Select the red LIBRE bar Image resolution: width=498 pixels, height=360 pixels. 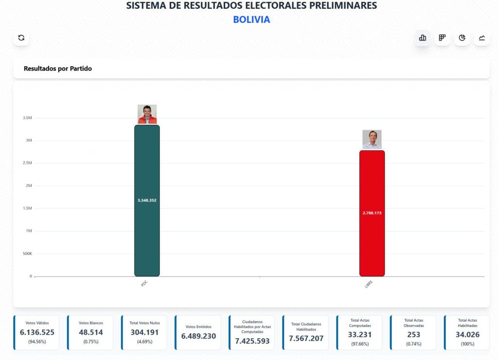372,243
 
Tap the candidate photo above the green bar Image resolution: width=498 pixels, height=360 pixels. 147,114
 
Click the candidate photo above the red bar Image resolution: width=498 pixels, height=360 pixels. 372,140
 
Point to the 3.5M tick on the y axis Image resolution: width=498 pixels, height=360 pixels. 27,118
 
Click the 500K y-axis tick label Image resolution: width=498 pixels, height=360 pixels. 27,253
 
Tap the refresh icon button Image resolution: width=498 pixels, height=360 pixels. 21,37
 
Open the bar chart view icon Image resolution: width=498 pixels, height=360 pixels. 422,37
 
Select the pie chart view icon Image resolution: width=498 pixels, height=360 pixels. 462,37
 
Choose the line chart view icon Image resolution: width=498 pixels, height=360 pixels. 481,37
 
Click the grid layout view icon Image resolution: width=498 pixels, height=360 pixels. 442,37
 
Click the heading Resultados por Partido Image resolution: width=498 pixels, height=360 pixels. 58,69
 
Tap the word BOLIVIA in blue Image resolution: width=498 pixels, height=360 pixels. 251,20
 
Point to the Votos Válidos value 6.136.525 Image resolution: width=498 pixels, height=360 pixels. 37,332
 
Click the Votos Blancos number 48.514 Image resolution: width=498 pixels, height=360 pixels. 90,332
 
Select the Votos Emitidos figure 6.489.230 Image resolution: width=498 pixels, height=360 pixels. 198,336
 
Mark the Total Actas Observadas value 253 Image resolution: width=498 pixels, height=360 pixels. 413,335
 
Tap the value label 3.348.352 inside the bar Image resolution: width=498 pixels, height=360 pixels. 147,200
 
